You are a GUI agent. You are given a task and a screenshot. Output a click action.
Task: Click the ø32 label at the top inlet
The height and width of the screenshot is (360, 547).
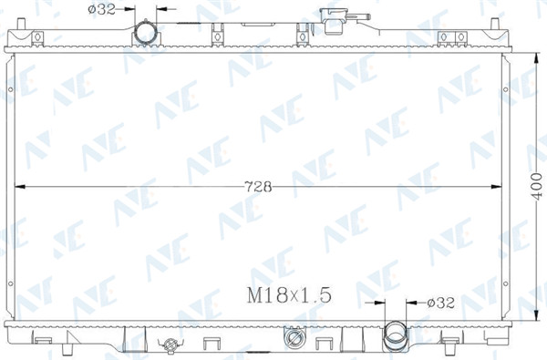pos(101,9)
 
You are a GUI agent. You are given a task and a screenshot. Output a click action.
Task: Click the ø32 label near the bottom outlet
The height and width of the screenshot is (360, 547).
pos(441,303)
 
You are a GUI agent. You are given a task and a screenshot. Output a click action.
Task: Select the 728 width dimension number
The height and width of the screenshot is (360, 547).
pos(258,187)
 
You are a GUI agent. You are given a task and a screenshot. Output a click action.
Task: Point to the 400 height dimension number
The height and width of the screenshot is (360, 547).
pos(536,187)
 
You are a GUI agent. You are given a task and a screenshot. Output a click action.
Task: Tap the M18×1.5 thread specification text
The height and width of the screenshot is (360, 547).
pos(289,295)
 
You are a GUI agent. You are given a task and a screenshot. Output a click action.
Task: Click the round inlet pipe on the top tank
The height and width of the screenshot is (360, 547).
pos(146,33)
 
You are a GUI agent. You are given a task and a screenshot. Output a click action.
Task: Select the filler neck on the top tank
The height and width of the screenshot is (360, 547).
pos(333,21)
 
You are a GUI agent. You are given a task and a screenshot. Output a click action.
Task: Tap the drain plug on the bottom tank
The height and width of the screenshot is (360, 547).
pos(170,345)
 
